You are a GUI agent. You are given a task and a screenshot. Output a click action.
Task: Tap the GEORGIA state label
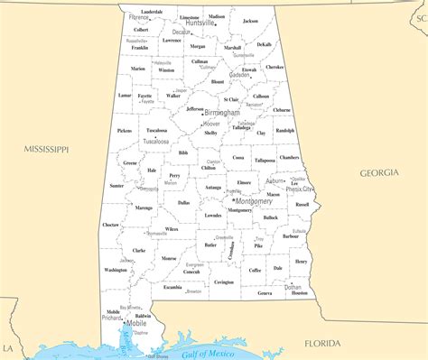coord(378,172)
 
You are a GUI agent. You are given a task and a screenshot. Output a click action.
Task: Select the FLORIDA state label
coord(322,344)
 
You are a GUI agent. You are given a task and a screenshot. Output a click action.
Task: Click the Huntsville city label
coord(200,23)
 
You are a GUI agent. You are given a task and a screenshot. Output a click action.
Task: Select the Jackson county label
coord(250,20)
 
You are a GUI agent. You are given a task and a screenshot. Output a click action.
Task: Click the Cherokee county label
coord(274,67)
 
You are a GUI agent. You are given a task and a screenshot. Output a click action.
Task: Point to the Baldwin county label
coord(142,316)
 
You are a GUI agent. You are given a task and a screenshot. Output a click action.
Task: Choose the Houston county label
coord(299,293)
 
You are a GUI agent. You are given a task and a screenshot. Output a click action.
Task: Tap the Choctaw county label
coord(110,225)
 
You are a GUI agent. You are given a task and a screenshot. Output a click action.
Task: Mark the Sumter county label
coord(116,185)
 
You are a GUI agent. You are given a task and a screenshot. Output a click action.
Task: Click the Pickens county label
coord(124,130)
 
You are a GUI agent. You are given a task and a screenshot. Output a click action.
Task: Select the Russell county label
coord(302,204)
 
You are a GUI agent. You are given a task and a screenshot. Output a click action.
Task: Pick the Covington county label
coord(224,282)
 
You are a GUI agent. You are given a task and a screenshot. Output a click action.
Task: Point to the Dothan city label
coord(293,287)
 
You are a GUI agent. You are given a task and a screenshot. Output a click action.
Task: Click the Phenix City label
coord(300,189)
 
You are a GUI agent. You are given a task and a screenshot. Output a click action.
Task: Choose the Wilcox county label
coord(172,229)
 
